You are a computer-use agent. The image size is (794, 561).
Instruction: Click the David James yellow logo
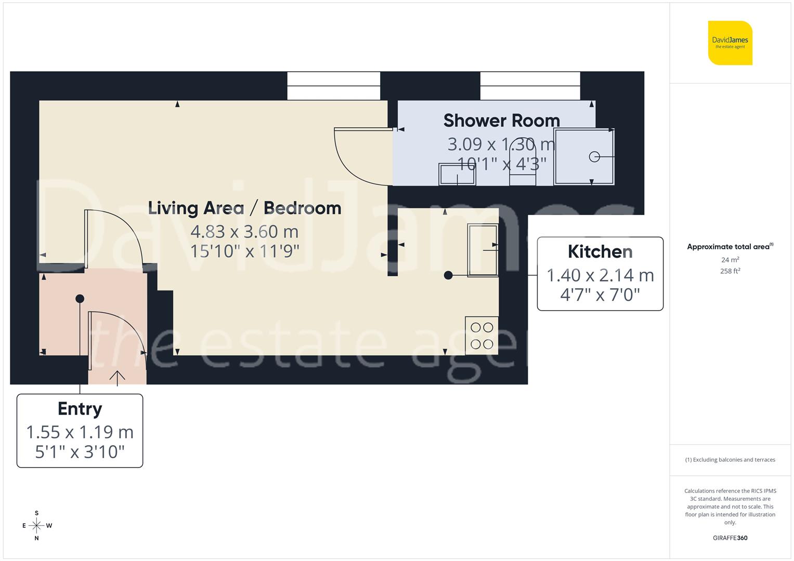point(730,43)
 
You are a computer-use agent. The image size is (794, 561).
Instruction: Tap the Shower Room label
point(501,121)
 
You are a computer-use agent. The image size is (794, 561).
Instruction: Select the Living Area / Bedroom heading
point(244,208)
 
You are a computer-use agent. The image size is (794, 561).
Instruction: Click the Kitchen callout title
point(600,251)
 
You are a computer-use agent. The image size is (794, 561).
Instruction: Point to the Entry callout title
point(80,409)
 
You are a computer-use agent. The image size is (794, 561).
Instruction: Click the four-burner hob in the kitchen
point(481,336)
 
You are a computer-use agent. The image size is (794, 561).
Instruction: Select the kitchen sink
point(483,250)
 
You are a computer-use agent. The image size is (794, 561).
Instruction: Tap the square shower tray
point(584,157)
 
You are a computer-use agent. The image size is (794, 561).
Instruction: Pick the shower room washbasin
point(457,175)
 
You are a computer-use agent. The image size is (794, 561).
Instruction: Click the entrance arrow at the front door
point(118,378)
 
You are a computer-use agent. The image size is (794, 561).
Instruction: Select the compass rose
point(36,526)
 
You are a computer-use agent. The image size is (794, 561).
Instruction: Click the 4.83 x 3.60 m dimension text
point(244,231)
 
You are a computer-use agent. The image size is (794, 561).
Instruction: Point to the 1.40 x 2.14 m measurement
point(600,275)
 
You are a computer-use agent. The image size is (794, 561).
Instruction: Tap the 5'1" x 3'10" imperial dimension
point(80,452)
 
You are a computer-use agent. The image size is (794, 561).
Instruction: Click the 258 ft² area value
point(730,271)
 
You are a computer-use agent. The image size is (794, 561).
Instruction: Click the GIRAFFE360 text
point(730,538)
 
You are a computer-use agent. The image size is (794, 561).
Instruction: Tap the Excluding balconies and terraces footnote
point(730,460)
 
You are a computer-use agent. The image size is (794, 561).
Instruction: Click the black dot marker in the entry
point(80,299)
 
